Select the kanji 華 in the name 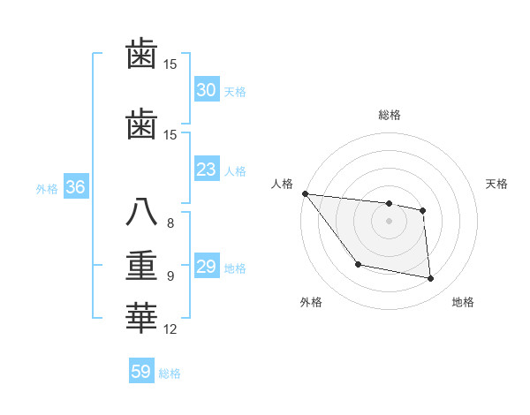point(141,319)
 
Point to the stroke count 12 point(170,329)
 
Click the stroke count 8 point(170,223)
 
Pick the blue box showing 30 point(206,90)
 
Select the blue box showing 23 point(206,170)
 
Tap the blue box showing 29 point(206,267)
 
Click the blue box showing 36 point(75,187)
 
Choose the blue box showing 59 point(141,372)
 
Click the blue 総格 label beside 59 point(170,373)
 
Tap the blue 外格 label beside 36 point(47,188)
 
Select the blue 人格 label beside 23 point(235,170)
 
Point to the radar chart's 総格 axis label point(389,115)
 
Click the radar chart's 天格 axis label point(497,184)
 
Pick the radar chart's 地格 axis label point(463,302)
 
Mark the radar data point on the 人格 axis point(305,193)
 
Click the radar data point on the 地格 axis point(431,279)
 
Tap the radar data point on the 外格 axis point(358,264)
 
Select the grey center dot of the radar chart point(389,221)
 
